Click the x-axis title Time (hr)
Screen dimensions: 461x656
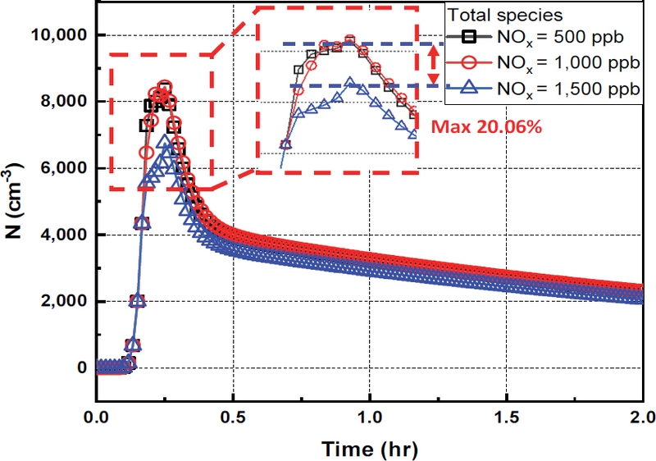point(371,449)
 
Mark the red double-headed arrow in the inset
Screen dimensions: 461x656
point(435,65)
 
